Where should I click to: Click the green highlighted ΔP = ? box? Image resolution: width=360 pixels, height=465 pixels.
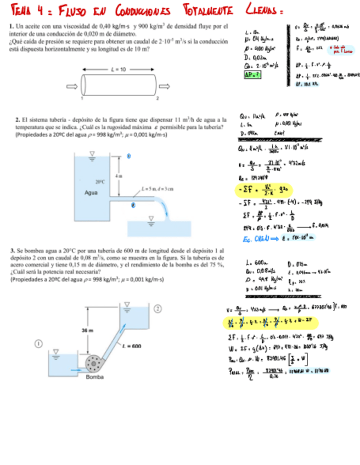click(253, 75)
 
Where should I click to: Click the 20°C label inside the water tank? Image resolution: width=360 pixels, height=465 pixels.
click(100, 182)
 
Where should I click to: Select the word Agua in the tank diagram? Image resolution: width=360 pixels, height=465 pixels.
click(91, 192)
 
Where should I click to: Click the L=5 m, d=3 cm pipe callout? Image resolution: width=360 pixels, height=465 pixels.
click(157, 189)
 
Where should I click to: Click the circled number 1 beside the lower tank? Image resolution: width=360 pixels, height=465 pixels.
click(39, 344)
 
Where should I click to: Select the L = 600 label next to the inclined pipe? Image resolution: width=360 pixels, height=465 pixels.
click(132, 346)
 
